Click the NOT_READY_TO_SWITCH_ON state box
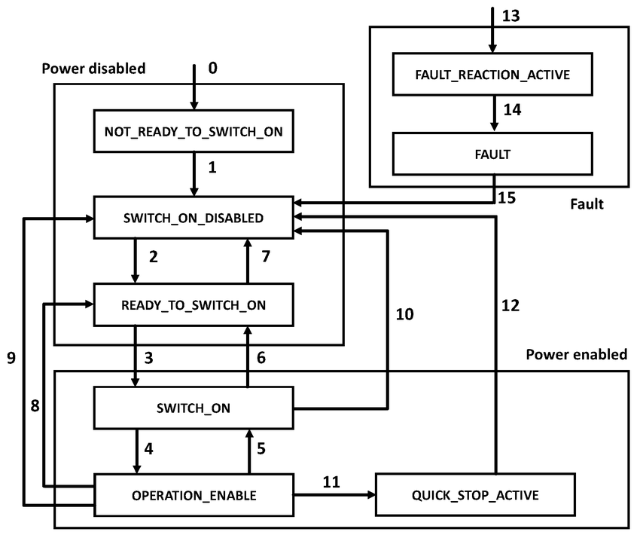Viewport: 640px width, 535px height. [192, 132]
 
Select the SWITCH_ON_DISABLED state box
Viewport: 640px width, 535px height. [192, 218]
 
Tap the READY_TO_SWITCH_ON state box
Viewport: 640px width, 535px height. [192, 304]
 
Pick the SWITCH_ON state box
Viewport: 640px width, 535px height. [192, 408]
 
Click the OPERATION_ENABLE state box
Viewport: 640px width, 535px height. [192, 495]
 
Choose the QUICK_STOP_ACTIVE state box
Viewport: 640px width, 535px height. [475, 495]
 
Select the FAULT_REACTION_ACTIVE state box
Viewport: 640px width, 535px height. [493, 75]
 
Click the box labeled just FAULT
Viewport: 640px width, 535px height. [493, 154]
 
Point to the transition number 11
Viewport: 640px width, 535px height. [331, 480]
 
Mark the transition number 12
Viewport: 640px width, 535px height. [510, 305]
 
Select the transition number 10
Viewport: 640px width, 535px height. [404, 313]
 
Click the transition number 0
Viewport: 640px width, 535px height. [212, 69]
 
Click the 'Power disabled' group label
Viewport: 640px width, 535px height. [93, 69]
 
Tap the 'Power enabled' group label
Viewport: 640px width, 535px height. [576, 354]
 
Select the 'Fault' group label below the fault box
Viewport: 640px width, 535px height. [587, 203]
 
